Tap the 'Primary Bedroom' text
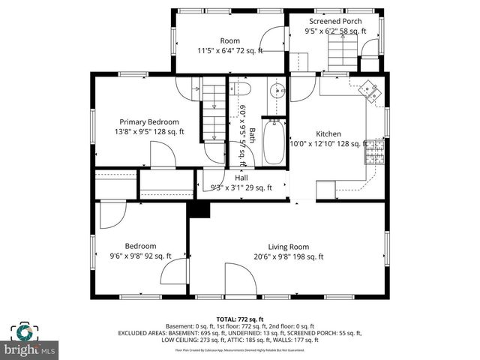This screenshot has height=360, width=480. click(x=149, y=121)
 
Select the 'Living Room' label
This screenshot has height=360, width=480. click(x=289, y=246)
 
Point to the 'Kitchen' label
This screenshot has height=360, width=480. click(x=328, y=133)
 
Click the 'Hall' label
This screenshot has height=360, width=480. click(x=241, y=178)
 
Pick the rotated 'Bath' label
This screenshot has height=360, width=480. click(x=253, y=136)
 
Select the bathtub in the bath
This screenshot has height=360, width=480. click(x=274, y=142)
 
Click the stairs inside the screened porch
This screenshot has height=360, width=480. click(x=344, y=53)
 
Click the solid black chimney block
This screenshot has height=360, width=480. click(x=199, y=208)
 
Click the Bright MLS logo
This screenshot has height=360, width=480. click(x=30, y=341)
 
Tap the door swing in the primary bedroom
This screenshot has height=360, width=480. click(x=163, y=154)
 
